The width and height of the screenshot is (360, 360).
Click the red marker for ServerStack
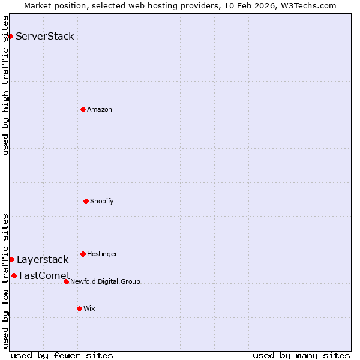click(10, 36)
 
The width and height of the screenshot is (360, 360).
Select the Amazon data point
click(83, 109)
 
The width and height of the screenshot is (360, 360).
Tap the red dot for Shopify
click(86, 201)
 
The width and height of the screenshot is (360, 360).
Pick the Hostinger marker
click(83, 254)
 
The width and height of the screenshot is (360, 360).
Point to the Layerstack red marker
click(11, 259)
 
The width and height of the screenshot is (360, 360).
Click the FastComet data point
click(14, 275)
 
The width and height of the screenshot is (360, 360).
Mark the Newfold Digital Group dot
click(66, 281)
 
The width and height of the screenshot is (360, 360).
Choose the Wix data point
click(79, 308)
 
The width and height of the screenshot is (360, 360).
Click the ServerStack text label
click(45, 36)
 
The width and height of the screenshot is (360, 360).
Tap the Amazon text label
click(100, 109)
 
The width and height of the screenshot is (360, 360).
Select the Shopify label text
click(102, 201)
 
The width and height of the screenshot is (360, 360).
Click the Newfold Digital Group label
click(105, 281)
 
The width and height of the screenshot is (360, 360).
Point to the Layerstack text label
click(43, 259)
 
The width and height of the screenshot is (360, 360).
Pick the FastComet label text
click(44, 276)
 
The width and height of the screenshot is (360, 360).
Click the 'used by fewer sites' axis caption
click(62, 355)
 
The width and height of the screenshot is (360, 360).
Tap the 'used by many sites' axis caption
click(301, 355)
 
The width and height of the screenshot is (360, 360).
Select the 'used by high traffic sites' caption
click(5, 85)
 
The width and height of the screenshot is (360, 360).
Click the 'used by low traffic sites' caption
click(5, 280)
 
